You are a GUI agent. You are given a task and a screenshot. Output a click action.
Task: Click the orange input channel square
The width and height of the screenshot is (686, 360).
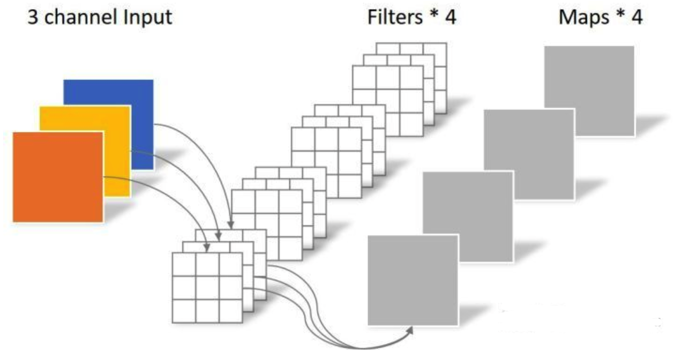(x=58, y=177)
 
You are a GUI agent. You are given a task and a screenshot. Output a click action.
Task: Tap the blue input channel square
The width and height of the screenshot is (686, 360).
(x=117, y=94)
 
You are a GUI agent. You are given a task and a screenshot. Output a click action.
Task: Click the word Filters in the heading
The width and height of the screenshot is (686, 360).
(x=395, y=17)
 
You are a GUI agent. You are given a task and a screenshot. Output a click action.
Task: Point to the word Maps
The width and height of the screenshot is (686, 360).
(x=583, y=17)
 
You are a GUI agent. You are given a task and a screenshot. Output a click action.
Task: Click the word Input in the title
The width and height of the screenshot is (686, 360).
(x=147, y=17)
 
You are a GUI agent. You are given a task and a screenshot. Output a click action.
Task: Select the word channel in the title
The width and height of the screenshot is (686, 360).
(x=81, y=17)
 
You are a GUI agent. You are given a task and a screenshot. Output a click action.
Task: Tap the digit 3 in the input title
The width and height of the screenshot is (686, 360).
(x=32, y=17)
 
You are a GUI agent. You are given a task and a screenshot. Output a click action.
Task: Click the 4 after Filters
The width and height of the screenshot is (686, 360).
(x=451, y=17)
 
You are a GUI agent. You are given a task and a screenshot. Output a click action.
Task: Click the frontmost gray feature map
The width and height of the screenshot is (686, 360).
(x=413, y=280)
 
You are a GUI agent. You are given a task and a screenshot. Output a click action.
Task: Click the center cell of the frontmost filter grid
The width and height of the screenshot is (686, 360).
(x=207, y=288)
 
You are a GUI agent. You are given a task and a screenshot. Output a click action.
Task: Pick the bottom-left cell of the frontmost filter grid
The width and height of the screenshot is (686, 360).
(x=184, y=311)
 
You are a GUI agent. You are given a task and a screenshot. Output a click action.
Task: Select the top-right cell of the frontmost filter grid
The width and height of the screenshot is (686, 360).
(x=231, y=265)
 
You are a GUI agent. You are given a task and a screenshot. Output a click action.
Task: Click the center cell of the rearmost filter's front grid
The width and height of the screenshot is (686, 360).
(x=388, y=101)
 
